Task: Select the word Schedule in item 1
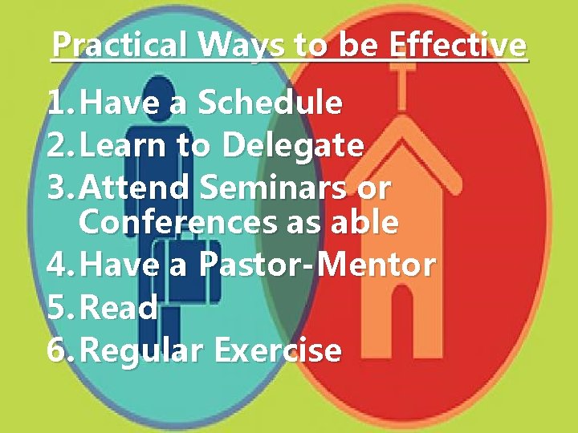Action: click(270, 103)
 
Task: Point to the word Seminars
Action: click(272, 188)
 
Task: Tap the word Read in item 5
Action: click(119, 308)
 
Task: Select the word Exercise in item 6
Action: click(278, 350)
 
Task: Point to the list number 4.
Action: click(57, 265)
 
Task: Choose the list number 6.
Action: click(57, 350)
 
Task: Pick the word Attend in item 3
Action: click(136, 188)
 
